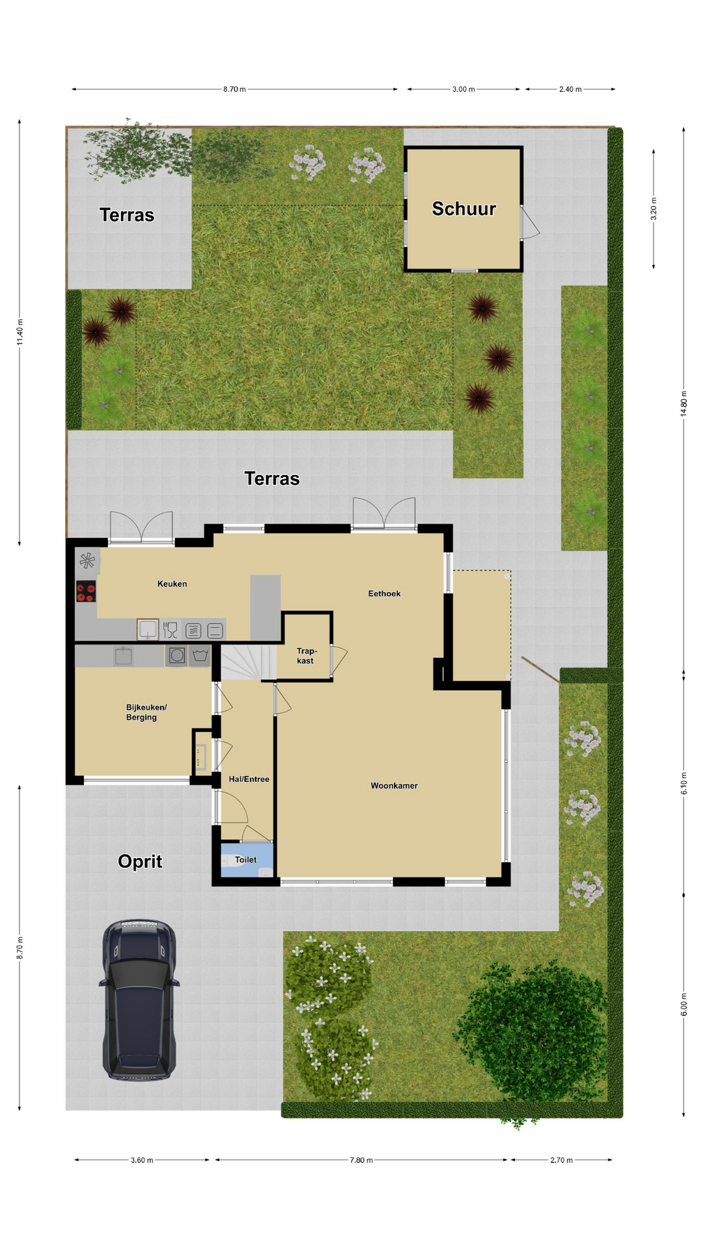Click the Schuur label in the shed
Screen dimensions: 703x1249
click(x=464, y=209)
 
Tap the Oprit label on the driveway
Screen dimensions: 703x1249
click(x=140, y=861)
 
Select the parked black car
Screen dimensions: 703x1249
click(x=139, y=1001)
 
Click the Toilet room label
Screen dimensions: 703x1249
click(x=245, y=860)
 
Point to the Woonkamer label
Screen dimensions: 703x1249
click(x=394, y=786)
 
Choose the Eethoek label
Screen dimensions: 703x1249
click(x=384, y=593)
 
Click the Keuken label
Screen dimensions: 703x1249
click(x=172, y=584)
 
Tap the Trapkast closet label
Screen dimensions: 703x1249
click(x=307, y=656)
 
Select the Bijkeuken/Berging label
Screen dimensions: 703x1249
click(x=146, y=712)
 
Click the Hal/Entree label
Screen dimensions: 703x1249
click(x=249, y=779)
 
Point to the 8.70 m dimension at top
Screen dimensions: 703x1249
click(x=234, y=89)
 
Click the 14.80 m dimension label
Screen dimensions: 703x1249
click(x=683, y=403)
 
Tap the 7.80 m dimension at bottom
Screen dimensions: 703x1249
click(x=361, y=1160)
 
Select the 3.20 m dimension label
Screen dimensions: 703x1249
click(x=654, y=209)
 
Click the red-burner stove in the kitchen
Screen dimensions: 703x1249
click(x=86, y=591)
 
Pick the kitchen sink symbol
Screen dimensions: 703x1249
click(x=148, y=629)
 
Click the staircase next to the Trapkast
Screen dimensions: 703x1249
click(x=245, y=662)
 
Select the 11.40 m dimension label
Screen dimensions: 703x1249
click(x=20, y=332)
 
